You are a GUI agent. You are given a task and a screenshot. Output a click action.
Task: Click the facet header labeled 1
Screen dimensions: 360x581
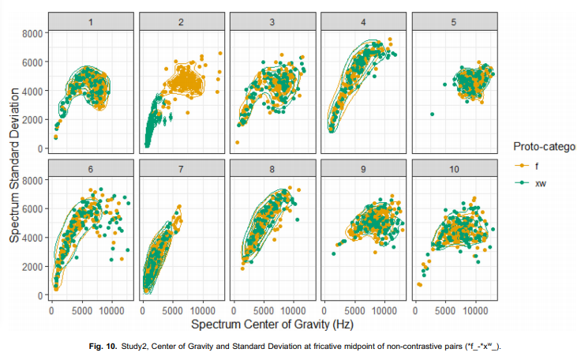92,21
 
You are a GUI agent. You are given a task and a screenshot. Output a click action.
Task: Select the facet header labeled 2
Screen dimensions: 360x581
182,21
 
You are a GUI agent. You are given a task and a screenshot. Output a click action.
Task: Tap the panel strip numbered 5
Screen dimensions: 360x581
454,21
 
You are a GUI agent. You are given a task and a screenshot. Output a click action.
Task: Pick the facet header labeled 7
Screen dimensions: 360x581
182,169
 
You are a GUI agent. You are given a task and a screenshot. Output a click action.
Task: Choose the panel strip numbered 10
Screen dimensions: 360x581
454,169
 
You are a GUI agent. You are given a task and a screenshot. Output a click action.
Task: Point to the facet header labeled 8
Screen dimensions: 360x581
272,169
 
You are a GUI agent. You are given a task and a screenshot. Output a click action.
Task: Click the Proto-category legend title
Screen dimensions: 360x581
545,147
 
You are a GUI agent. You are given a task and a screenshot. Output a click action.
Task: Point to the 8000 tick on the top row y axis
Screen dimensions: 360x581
32,32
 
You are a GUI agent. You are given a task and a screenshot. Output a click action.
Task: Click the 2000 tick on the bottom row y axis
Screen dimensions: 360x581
32,267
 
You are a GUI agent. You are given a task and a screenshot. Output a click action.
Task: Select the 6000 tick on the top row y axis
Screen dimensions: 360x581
32,62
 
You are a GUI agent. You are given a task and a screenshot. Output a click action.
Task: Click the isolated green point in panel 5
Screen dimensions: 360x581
433,114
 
